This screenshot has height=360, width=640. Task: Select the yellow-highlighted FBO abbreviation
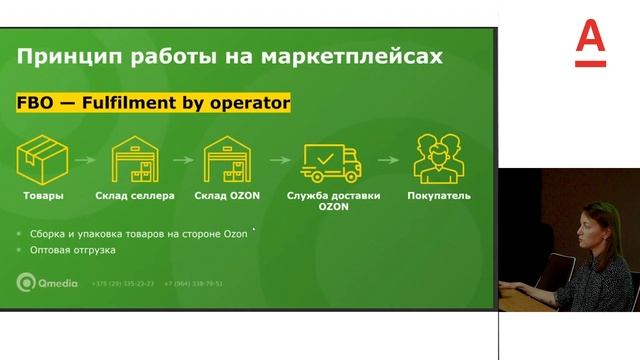[37, 102]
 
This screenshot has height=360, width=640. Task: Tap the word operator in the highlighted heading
[249, 102]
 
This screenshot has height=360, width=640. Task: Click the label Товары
[43, 196]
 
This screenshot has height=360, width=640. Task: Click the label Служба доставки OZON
[333, 202]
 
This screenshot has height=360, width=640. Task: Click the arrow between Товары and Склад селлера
[87, 158]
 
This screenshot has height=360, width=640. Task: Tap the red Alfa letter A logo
[592, 44]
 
